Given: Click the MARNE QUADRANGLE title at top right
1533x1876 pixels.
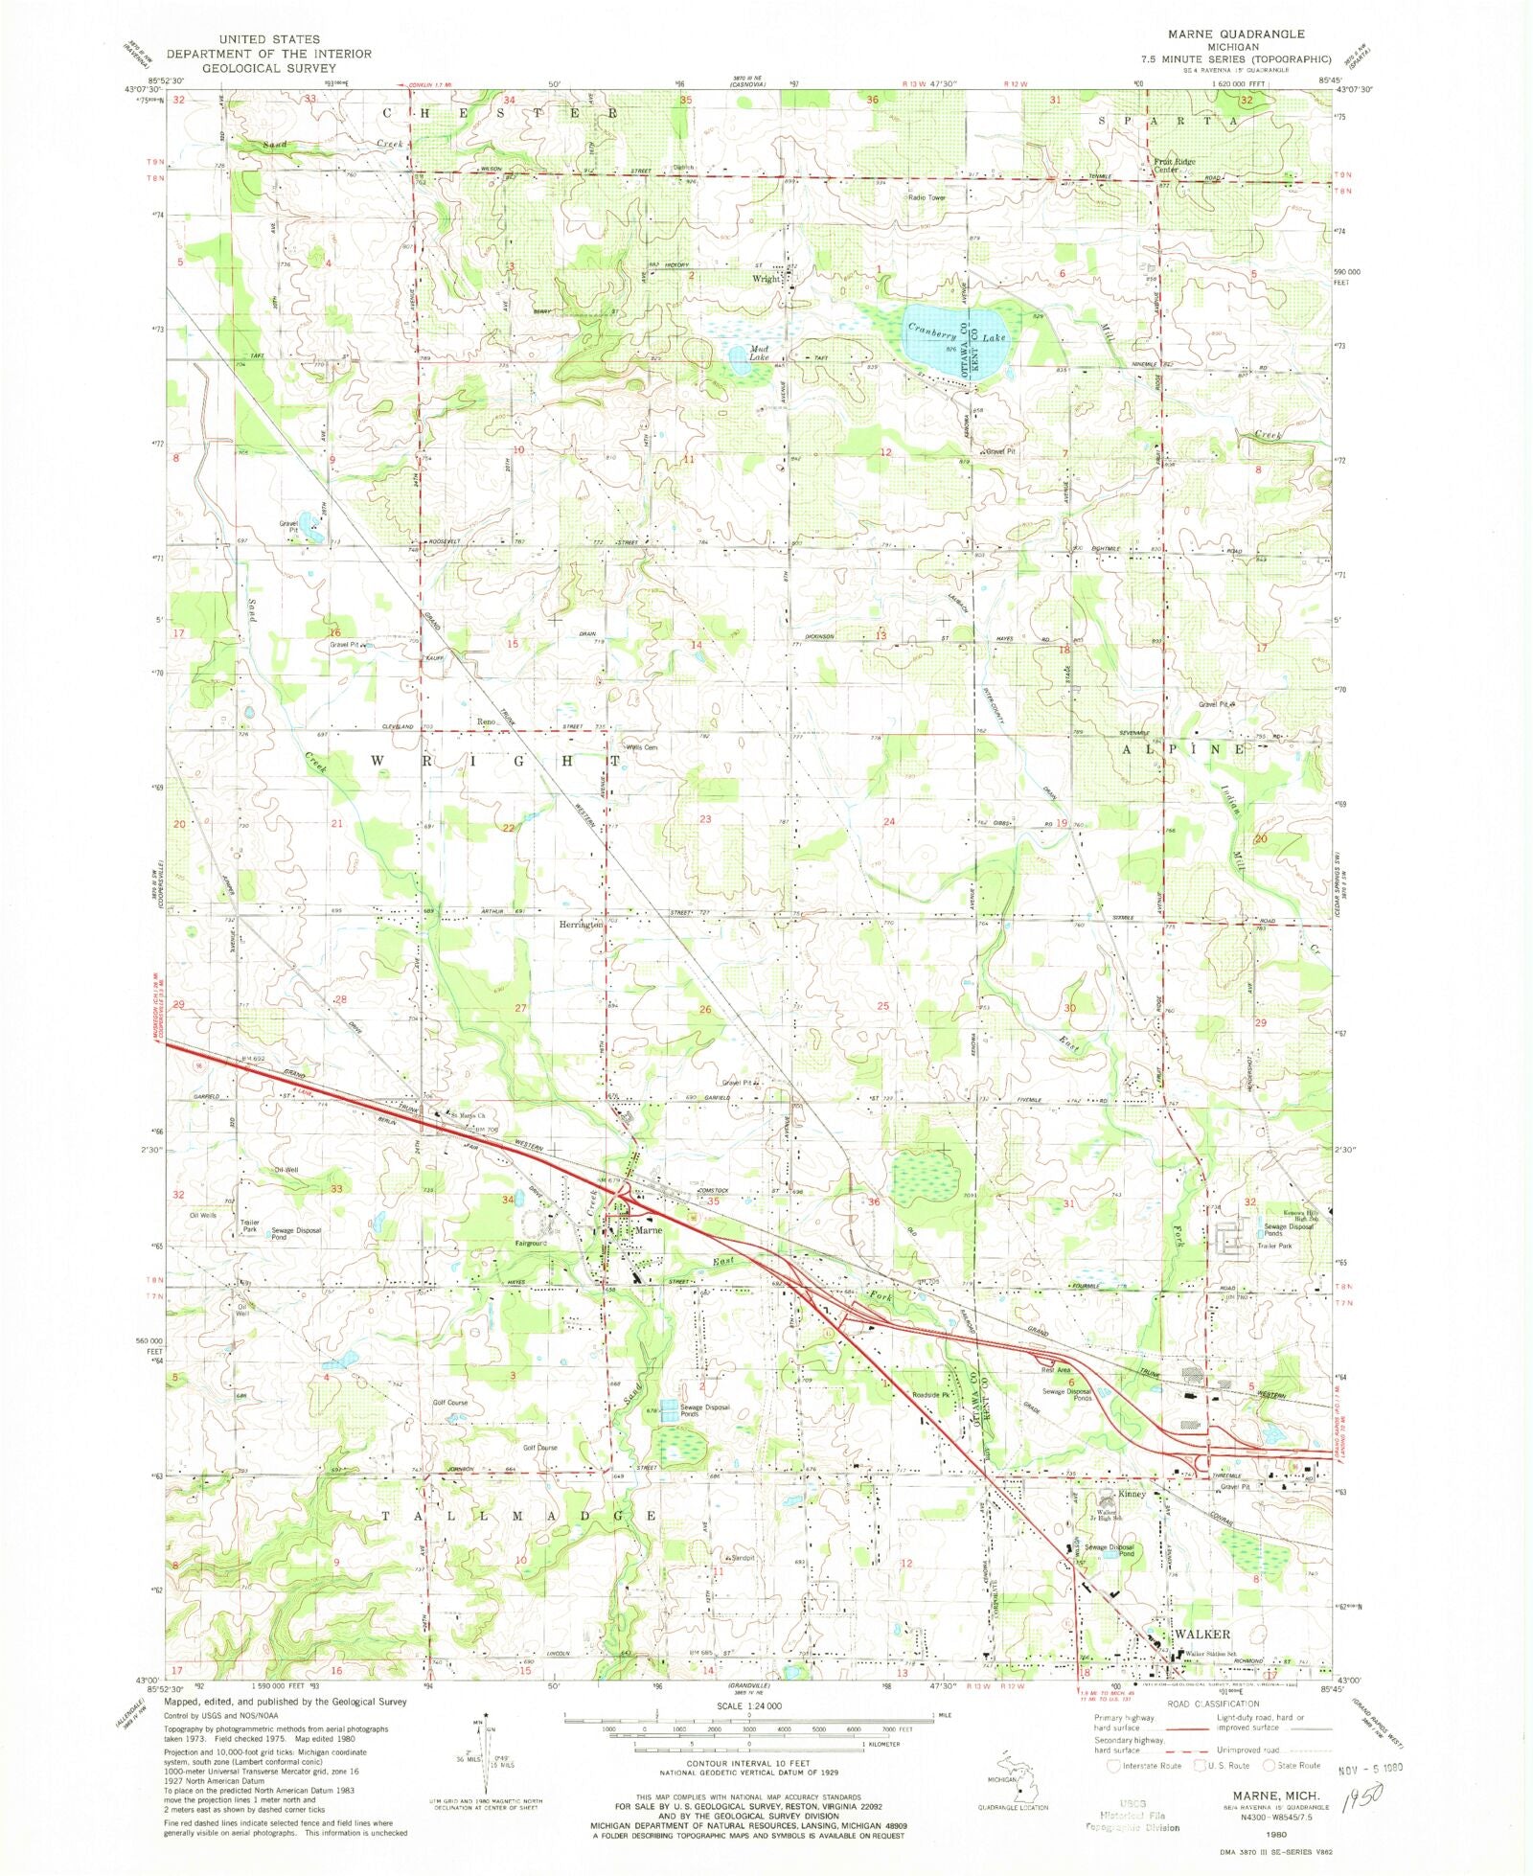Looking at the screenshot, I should click(1235, 34).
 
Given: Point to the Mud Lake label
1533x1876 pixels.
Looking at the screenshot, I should click(759, 353).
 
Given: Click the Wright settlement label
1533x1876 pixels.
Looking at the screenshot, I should click(766, 280).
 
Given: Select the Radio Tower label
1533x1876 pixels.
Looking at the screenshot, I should click(927, 197).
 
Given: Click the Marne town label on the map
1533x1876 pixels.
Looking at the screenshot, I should click(649, 1230).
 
